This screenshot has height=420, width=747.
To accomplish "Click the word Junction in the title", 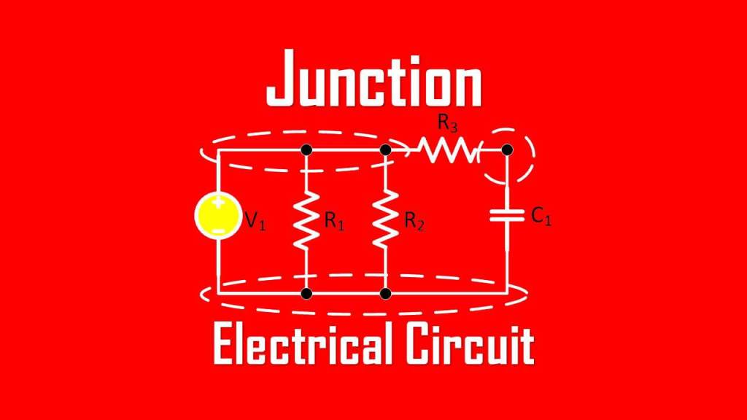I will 373,79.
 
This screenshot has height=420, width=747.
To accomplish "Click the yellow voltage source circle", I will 217,217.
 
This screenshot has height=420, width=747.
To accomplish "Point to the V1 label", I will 255,221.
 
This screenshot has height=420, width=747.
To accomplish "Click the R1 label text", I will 333,222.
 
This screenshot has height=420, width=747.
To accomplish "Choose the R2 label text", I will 414,222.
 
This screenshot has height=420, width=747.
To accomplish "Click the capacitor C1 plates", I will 507,217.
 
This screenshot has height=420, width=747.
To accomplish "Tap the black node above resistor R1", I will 306,149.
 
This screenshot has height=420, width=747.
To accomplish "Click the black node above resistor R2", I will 387,149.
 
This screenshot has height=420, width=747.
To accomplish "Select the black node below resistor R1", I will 306,293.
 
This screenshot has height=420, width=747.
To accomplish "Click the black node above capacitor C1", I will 508,149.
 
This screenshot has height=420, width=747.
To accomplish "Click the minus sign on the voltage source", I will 217,230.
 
